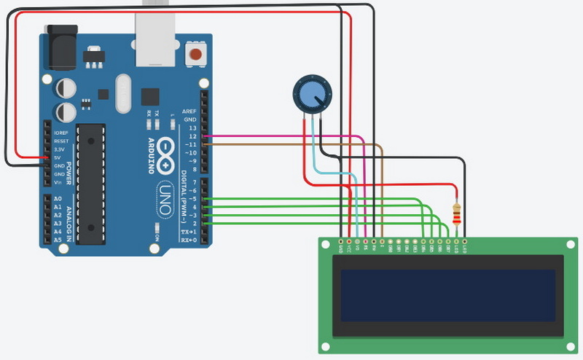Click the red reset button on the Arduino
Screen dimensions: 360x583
195,53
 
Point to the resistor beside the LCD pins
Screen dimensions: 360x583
457,214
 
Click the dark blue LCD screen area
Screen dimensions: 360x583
447,295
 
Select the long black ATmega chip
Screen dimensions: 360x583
91,183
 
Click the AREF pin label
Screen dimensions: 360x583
189,111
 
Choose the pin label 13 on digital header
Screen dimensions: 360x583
192,128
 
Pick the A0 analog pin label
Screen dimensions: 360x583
58,199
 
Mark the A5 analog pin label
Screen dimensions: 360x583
58,240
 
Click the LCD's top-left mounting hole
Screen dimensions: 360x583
328,246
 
